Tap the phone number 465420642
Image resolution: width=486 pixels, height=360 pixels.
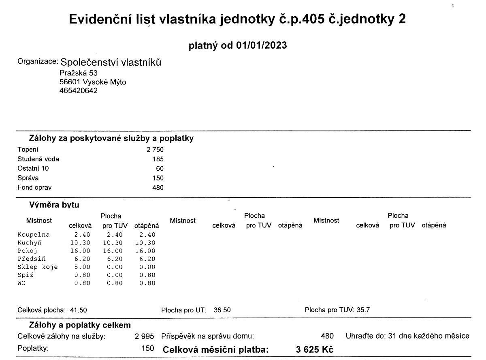pos(78,91)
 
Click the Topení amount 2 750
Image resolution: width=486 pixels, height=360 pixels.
pos(155,150)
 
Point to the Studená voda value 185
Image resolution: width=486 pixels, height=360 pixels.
pos(158,159)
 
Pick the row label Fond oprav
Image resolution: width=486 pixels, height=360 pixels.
pos(34,188)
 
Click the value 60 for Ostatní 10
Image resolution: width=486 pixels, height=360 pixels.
pos(160,169)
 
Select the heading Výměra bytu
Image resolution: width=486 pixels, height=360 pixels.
pos(54,205)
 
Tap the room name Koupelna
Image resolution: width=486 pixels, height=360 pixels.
pos(34,234)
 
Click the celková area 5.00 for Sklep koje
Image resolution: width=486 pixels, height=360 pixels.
pos(82,267)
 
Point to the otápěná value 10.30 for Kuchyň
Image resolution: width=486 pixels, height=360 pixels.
pos(145,242)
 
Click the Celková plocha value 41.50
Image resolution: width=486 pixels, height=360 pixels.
pos(79,310)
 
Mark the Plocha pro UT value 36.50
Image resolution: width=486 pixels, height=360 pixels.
pos(222,310)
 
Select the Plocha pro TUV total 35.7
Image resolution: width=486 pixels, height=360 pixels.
pos(363,310)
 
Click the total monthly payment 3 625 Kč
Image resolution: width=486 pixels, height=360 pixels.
pos(315,349)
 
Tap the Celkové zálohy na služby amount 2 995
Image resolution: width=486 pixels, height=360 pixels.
pos(144,336)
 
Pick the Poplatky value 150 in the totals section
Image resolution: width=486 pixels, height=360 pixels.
pos(148,348)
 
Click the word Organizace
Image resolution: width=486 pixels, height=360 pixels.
pos(38,62)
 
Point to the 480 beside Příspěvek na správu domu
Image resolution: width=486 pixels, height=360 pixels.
pos(327,336)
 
